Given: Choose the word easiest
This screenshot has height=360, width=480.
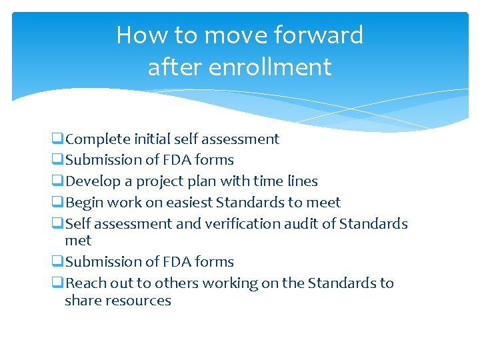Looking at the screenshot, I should pyautogui.click(x=187, y=203).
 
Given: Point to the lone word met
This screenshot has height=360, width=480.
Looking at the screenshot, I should pyautogui.click(x=78, y=241).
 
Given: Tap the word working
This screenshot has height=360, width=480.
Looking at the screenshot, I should pyautogui.click(x=228, y=283).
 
